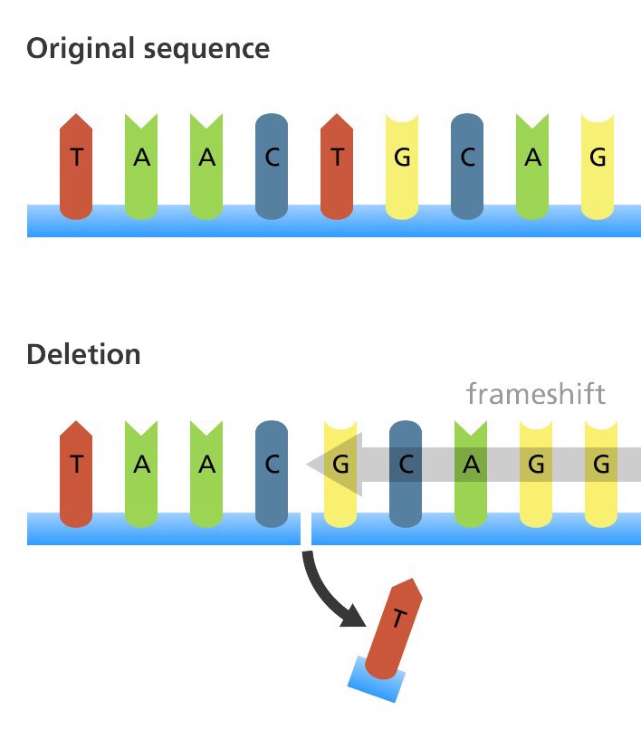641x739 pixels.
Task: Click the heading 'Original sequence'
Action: (148, 48)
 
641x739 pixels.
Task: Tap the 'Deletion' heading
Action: (83, 354)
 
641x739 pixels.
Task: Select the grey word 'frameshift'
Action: (535, 394)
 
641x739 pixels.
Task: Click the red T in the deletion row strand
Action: (76, 472)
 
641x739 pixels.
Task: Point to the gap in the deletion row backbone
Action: (306, 529)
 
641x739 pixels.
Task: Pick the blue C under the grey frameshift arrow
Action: (406, 472)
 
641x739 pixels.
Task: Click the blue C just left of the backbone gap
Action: (273, 472)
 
